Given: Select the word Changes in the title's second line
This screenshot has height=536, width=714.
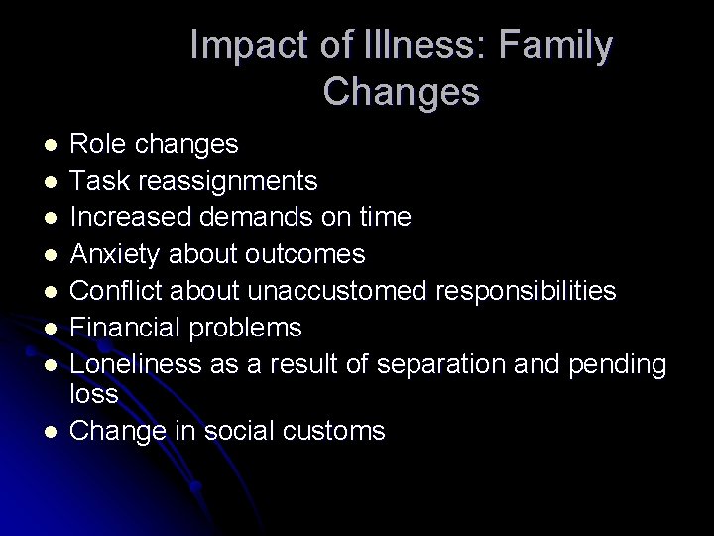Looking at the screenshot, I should click(401, 92).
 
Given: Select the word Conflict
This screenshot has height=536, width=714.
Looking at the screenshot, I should click(128, 291).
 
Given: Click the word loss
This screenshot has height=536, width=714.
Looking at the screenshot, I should click(95, 395).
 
